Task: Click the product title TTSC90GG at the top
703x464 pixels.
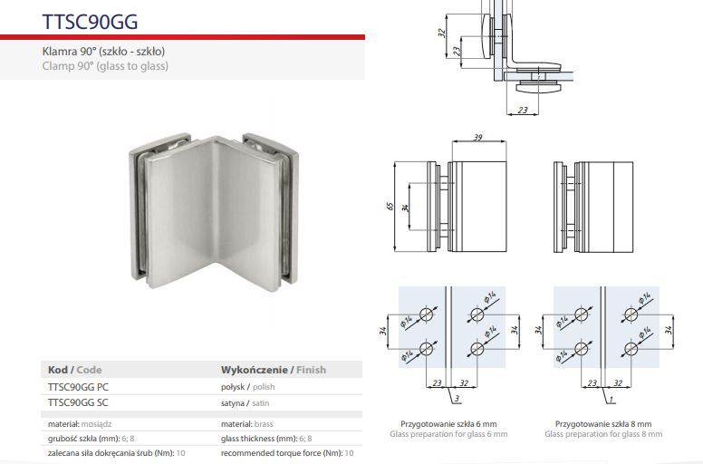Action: coord(90,22)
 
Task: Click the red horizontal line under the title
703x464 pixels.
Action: coord(182,37)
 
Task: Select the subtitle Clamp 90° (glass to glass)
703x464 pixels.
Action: coord(105,66)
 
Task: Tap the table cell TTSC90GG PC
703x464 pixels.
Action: coord(78,387)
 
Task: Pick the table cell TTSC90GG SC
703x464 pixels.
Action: coord(78,402)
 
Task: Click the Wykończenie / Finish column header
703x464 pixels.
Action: coord(274,370)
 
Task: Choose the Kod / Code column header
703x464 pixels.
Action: coord(75,370)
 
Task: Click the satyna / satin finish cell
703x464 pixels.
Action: coord(246,403)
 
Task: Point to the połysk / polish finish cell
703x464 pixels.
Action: coord(248,387)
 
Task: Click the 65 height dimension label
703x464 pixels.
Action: coord(390,207)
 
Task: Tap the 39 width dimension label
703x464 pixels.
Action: coord(478,137)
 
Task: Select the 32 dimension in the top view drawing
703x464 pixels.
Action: coord(441,33)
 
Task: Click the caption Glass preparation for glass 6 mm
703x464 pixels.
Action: coord(448,434)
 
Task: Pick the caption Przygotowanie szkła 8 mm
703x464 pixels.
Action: coord(603,423)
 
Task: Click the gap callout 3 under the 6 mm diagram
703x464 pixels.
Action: coord(457,399)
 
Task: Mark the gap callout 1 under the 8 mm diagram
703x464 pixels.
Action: coord(612,399)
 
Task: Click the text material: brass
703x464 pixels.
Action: coord(247,423)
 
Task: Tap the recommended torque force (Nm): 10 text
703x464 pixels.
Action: coord(287,453)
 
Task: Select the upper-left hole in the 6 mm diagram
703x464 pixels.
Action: coord(427,314)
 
